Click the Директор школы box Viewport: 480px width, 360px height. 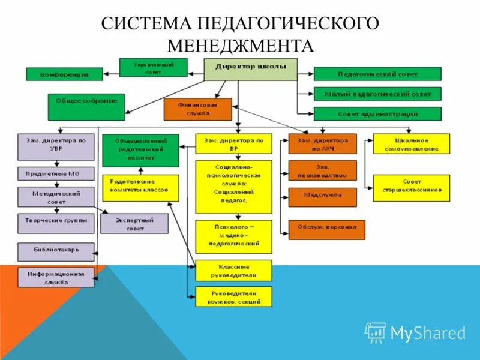pos(250,69)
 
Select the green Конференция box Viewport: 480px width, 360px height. pos(64,74)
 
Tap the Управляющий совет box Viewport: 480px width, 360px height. pos(153,67)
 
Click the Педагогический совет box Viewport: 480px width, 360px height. pos(377,74)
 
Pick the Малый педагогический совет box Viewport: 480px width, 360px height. pos(377,94)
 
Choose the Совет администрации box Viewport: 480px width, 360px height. pos(377,113)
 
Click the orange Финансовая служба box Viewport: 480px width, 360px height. pos(197,109)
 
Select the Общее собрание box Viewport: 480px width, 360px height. pos(86,107)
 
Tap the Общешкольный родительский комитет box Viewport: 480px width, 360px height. pos(140,150)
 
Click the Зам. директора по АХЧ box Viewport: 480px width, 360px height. pos(322,144)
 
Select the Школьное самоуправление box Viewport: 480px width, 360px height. pos(411,144)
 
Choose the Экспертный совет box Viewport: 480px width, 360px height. pos(134,224)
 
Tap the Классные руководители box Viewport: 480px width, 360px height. pos(233,271)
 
